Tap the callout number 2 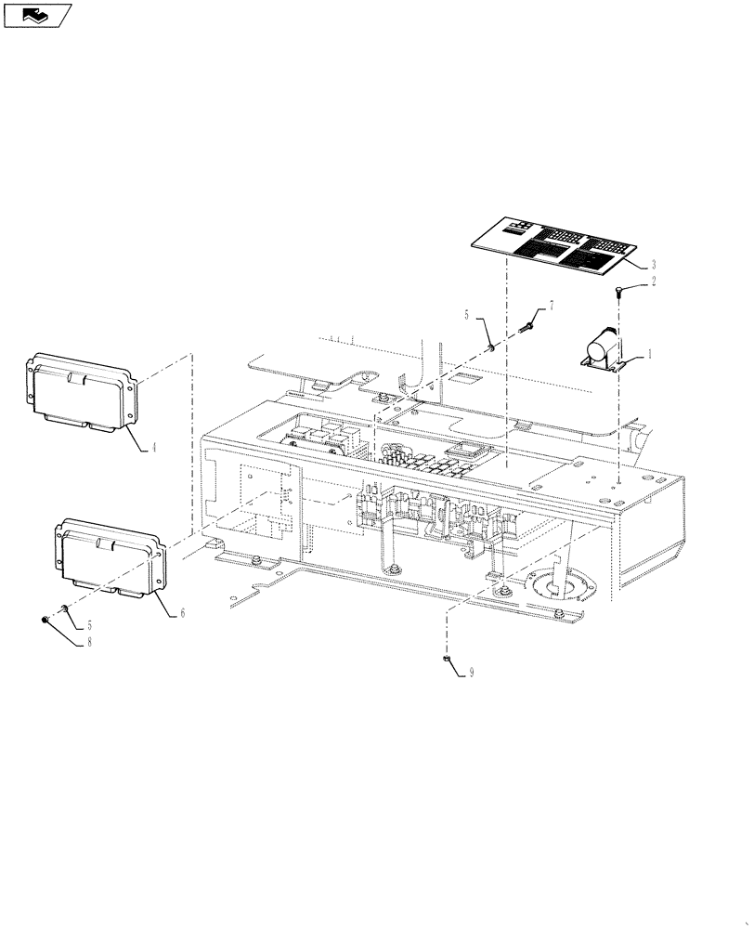(x=653, y=281)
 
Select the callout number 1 (x=650, y=354)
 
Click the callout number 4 (x=154, y=447)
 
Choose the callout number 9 (x=471, y=672)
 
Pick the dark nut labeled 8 (x=45, y=620)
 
